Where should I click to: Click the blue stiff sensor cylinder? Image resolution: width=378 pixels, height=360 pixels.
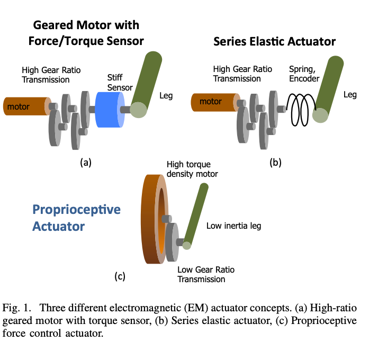click(x=109, y=110)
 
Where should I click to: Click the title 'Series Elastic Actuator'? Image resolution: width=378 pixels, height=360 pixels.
click(x=274, y=41)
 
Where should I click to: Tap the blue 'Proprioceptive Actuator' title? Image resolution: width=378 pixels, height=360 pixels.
click(x=76, y=218)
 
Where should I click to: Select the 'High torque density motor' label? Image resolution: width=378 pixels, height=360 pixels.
click(x=192, y=169)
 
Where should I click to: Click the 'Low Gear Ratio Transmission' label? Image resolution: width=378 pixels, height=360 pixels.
click(x=205, y=274)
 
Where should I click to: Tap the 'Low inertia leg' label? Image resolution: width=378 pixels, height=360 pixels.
click(x=233, y=226)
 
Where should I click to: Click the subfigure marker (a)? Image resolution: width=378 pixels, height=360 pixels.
click(x=85, y=163)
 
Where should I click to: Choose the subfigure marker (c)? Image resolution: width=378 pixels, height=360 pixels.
click(x=120, y=275)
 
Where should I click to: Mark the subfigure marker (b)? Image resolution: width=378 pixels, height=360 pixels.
click(x=275, y=163)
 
